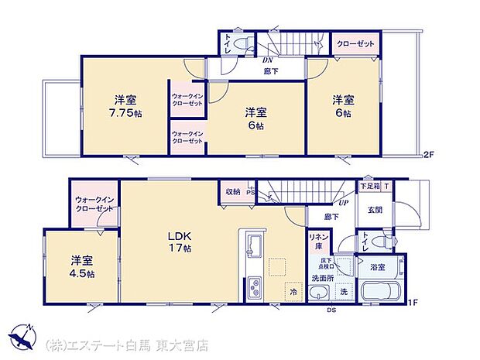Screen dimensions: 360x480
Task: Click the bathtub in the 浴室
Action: click(x=378, y=292)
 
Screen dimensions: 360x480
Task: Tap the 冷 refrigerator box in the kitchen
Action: click(x=294, y=293)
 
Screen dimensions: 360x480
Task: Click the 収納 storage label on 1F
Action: click(x=233, y=191)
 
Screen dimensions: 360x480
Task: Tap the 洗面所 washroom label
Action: click(x=322, y=277)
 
